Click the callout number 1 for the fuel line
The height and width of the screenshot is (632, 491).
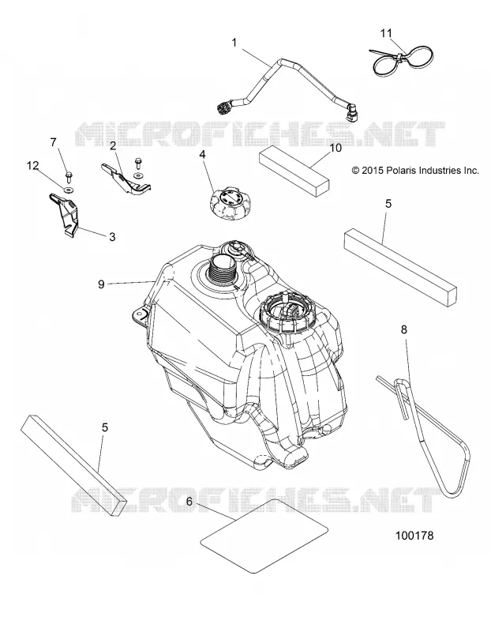(x=234, y=43)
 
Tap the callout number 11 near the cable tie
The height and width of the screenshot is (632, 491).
(x=386, y=33)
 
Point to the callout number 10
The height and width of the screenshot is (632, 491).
(x=335, y=148)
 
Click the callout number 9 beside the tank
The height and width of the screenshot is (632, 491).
(x=101, y=284)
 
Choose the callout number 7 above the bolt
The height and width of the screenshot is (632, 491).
(x=53, y=142)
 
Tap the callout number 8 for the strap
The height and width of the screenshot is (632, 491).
(x=404, y=330)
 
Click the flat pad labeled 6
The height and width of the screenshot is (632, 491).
(x=264, y=536)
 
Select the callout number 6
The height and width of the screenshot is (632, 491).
(x=189, y=502)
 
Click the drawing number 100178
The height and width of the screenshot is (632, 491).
(x=414, y=536)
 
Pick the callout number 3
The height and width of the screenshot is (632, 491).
(x=112, y=237)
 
